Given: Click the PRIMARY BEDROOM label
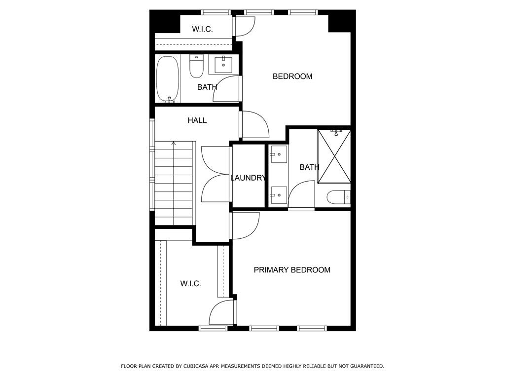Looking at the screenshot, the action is coord(292,270).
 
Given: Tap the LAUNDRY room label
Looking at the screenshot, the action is coord(248,178).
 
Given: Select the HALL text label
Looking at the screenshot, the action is coord(197,120).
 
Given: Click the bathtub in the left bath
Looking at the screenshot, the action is coord(168,79).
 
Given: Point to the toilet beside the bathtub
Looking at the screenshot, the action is coord(196,66).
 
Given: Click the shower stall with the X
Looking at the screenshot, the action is coord(334,156).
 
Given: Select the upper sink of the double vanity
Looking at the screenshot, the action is coord(279,154).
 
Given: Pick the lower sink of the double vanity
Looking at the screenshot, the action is coord(279,195).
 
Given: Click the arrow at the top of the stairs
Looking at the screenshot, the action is coord(174,144).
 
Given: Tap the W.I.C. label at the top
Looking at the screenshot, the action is coord(202,29).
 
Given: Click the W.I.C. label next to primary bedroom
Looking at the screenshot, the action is coord(191,284).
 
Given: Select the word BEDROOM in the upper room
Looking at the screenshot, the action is coord(292,76).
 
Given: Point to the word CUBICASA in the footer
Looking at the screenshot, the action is coord(195,366).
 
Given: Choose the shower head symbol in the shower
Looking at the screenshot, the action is coord(336,132).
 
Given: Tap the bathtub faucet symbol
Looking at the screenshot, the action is coord(169,100).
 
